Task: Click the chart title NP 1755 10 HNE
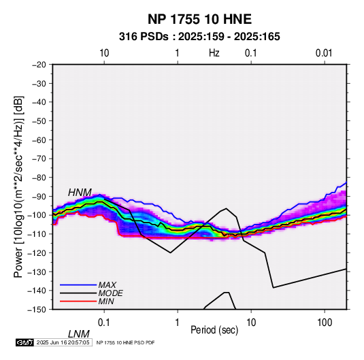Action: click(199, 19)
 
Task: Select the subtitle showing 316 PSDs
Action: click(199, 37)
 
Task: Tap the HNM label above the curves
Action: click(80, 193)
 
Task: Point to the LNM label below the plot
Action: click(78, 334)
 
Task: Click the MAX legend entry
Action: click(107, 284)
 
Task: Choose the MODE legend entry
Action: click(110, 293)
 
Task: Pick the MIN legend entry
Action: click(106, 301)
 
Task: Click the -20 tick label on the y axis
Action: click(39, 65)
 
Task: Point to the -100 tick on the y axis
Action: click(37, 215)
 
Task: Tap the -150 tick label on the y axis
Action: click(37, 310)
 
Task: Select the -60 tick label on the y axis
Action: click(39, 140)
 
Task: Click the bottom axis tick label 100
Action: click(325, 323)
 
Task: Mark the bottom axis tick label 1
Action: click(178, 323)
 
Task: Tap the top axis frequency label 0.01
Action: click(324, 53)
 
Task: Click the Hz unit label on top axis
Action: click(214, 53)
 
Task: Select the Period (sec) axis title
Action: click(214, 330)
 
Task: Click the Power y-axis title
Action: click(18, 187)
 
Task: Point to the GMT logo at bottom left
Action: click(24, 342)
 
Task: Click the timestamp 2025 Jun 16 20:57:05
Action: click(63, 342)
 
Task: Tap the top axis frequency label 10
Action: click(104, 53)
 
